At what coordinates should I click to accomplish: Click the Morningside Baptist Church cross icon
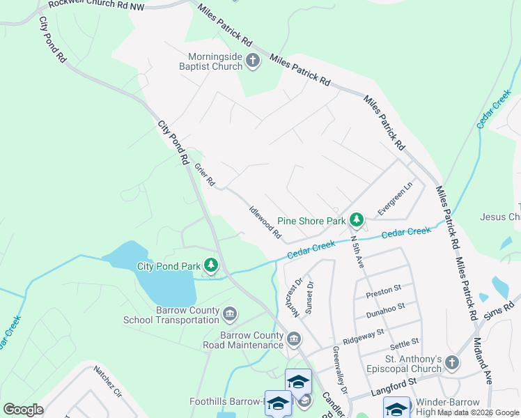coord(252,61)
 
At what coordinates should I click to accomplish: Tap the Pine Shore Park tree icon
coord(357,220)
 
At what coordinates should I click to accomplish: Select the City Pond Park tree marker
coord(210,265)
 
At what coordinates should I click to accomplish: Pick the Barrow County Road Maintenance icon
coord(294,339)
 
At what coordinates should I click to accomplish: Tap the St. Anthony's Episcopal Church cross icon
coord(452,362)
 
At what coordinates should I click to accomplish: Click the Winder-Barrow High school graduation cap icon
coord(396,408)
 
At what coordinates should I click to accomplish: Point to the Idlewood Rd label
coord(265,222)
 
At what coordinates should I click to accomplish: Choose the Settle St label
coord(404,342)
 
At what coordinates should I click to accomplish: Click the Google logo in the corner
coord(23,409)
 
